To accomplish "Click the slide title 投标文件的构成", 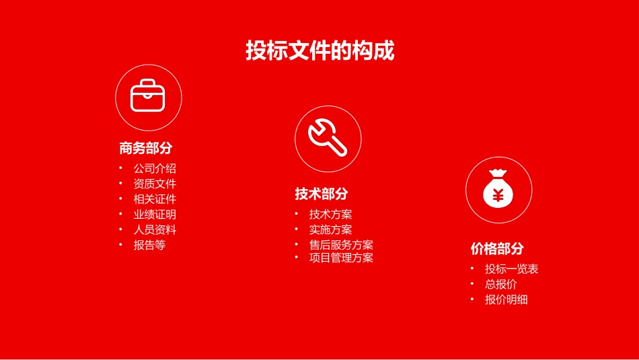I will pyautogui.click(x=319, y=51).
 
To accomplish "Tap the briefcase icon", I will pyautogui.click(x=148, y=97).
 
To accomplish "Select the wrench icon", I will pyautogui.click(x=328, y=138).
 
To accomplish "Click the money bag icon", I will pyautogui.click(x=498, y=189).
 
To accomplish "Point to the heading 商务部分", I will pyautogui.click(x=146, y=148).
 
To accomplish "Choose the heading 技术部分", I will pyautogui.click(x=322, y=194).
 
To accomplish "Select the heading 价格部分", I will pyautogui.click(x=497, y=248).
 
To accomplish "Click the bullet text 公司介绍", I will pyautogui.click(x=155, y=168).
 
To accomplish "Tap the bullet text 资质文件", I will pyautogui.click(x=155, y=184).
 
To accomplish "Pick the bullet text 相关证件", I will pyautogui.click(x=155, y=199).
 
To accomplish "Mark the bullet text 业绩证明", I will pyautogui.click(x=155, y=215).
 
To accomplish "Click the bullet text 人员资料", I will pyautogui.click(x=155, y=229).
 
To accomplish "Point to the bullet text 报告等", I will pyautogui.click(x=149, y=245).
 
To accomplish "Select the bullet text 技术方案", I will pyautogui.click(x=330, y=214).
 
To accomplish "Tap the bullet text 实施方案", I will pyautogui.click(x=330, y=229).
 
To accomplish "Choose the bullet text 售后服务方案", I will pyautogui.click(x=341, y=245).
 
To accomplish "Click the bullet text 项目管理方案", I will pyautogui.click(x=341, y=257).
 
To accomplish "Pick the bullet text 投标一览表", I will pyautogui.click(x=511, y=269).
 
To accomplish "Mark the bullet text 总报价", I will pyautogui.click(x=500, y=284).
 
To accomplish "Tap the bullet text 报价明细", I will pyautogui.click(x=506, y=299).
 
